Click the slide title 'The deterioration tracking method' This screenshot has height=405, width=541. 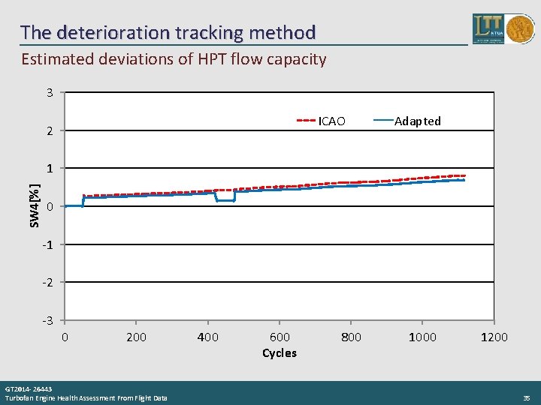[x=168, y=32]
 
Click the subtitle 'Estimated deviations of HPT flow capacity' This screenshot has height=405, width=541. [x=174, y=59]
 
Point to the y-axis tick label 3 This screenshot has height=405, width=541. [x=50, y=93]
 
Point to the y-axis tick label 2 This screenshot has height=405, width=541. [x=50, y=131]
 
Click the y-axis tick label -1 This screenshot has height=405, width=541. [x=47, y=245]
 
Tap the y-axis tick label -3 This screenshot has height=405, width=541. [x=47, y=321]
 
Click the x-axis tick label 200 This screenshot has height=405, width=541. [x=136, y=337]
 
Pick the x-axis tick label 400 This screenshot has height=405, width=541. [x=207, y=337]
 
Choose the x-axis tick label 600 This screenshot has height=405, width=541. [x=280, y=337]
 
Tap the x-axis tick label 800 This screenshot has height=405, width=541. [x=351, y=337]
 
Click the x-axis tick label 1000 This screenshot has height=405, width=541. [x=422, y=337]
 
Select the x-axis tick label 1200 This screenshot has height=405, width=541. [x=494, y=337]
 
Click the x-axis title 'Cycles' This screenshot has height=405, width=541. [x=280, y=353]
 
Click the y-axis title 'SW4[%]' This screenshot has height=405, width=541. [x=35, y=206]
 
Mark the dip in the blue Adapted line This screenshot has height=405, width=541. [x=225, y=200]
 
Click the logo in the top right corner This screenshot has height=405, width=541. [x=503, y=28]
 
